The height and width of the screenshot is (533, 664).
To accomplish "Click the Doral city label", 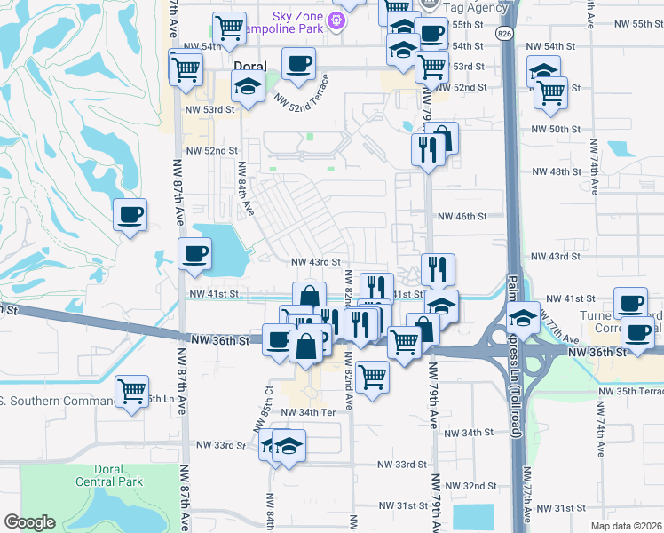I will pyautogui.click(x=249, y=67).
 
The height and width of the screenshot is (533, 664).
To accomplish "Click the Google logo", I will pyautogui.click(x=29, y=522).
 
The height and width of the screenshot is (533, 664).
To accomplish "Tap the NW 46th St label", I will pyautogui.click(x=464, y=216).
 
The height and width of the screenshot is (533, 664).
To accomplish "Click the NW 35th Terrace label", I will pyautogui.click(x=630, y=391).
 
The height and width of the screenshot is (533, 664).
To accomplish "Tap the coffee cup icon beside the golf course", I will pyautogui.click(x=130, y=214).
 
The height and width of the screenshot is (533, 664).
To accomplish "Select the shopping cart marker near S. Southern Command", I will pyautogui.click(x=132, y=389).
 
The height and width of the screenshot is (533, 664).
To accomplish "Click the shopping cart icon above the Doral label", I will pyautogui.click(x=230, y=28).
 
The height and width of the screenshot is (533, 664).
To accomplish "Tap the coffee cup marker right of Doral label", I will pyautogui.click(x=298, y=63).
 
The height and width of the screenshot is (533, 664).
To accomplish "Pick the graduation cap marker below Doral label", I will pyautogui.click(x=247, y=88).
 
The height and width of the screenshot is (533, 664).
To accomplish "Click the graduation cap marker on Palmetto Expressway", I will pyautogui.click(x=524, y=316).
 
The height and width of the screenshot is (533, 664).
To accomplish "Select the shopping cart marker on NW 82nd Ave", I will pyautogui.click(x=372, y=377).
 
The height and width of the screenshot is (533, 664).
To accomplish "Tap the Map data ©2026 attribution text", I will pyautogui.click(x=626, y=526).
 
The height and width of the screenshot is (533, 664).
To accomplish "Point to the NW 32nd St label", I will pyautogui.click(x=470, y=486).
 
